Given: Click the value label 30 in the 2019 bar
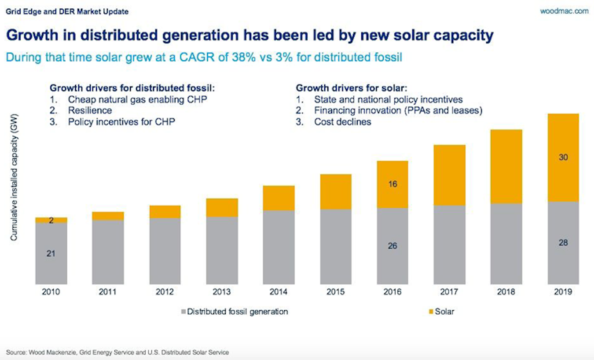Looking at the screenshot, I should pos(563,157).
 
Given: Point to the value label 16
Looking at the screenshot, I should pos(392,184).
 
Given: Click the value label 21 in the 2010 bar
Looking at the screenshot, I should pos(51,254).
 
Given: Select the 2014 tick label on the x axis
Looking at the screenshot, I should pos(278,292).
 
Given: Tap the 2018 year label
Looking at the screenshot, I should pos(506,292).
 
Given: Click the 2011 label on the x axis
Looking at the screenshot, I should pos(108,292).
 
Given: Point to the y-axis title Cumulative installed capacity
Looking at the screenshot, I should pos(14,177).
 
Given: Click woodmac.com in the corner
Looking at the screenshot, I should pos(564,11).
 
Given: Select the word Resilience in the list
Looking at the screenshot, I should pos(90,111).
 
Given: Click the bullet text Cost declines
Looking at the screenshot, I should pos(342,122).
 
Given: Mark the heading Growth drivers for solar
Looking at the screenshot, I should pos(351,88).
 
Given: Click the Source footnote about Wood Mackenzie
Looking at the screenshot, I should pos(117,353).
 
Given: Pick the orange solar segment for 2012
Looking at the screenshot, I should pos(165,212).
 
